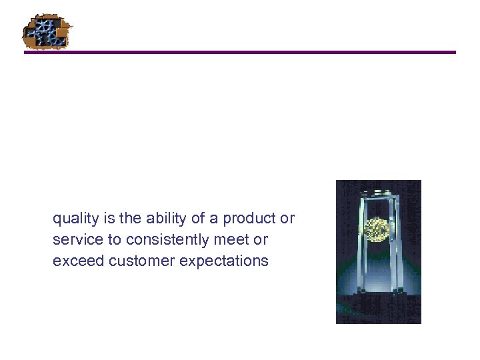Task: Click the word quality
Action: pyautogui.click(x=73, y=219)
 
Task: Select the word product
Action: pyautogui.click(x=251, y=219)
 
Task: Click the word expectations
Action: pyautogui.click(x=224, y=261)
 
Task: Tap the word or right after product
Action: pyautogui.click(x=288, y=219)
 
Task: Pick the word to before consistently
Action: pyautogui.click(x=113, y=239)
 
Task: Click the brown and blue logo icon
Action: pyautogui.click(x=47, y=31)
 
